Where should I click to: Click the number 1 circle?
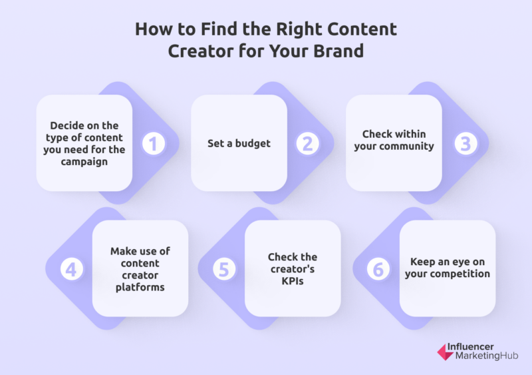pyautogui.click(x=154, y=143)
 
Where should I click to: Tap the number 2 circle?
pyautogui.click(x=308, y=143)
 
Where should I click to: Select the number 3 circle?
pyautogui.click(x=465, y=143)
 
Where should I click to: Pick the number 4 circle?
pyautogui.click(x=72, y=269)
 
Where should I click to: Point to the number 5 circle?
pyautogui.click(x=224, y=269)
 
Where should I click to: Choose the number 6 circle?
pyautogui.click(x=378, y=269)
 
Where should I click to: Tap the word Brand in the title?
pyautogui.click(x=338, y=51)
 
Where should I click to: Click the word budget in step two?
pyautogui.click(x=253, y=144)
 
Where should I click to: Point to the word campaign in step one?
pyautogui.click(x=84, y=162)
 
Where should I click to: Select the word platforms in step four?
pyautogui.click(x=140, y=287)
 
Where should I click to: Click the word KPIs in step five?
pyautogui.click(x=293, y=281)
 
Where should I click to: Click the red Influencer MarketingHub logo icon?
pyautogui.click(x=445, y=352)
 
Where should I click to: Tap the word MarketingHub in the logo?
pyautogui.click(x=487, y=356)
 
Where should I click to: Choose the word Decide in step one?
pyautogui.click(x=66, y=126)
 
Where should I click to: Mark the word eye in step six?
pyautogui.click(x=460, y=262)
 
